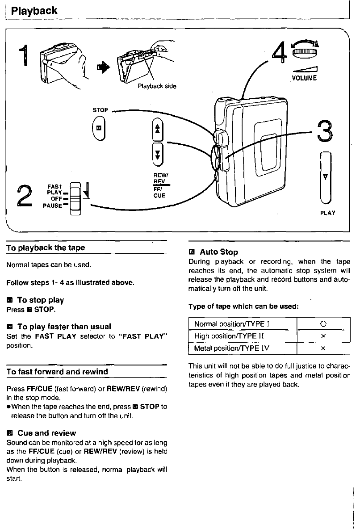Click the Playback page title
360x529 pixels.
(x=34, y=10)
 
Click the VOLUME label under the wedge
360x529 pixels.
(x=304, y=78)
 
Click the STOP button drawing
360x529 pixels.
(x=99, y=128)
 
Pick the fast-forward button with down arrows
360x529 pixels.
(x=157, y=153)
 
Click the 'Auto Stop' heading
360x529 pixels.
(x=218, y=252)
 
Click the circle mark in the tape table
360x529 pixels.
(x=323, y=324)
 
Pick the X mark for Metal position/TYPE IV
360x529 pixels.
(x=323, y=348)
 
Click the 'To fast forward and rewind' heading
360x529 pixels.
(x=57, y=372)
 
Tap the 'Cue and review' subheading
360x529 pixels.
(x=46, y=433)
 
